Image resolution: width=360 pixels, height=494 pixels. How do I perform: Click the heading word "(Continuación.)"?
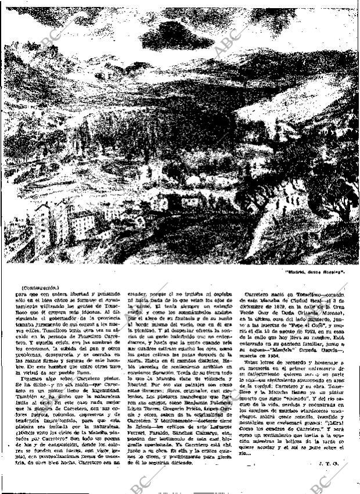(39, 288)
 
